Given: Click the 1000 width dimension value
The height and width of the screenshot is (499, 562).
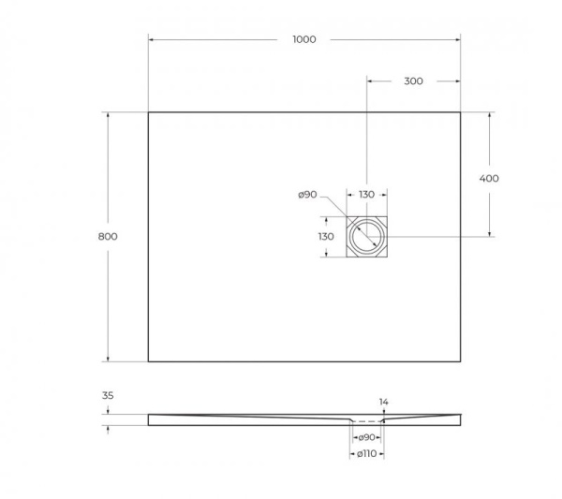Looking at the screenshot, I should (x=303, y=39).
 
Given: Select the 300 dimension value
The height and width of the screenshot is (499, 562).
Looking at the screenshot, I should (x=413, y=81).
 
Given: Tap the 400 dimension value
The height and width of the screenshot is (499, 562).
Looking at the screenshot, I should (x=488, y=178).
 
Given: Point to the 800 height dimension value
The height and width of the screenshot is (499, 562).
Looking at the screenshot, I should (x=108, y=237).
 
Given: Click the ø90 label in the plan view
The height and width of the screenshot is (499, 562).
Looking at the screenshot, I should (x=307, y=195).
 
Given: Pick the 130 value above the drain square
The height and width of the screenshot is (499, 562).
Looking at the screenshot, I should (x=366, y=195).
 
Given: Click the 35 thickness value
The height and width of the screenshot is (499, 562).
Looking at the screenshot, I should (x=108, y=397).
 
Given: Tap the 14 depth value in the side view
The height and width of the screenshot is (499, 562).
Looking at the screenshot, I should (x=383, y=403).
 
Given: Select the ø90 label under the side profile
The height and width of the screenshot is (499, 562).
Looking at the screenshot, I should (x=366, y=437).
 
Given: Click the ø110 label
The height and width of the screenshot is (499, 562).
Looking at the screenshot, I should (x=366, y=454).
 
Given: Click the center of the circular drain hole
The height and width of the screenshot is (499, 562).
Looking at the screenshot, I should (x=366, y=237).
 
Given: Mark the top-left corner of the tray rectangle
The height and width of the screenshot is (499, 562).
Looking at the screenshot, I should (x=148, y=112).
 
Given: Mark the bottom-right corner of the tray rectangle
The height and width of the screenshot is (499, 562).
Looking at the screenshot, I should (x=460, y=361).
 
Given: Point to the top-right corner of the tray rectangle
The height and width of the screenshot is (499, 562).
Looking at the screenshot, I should (x=460, y=112).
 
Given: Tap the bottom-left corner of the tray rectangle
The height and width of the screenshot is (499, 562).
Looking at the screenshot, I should (x=148, y=361).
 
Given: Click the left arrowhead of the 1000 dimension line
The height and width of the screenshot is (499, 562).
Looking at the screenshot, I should (x=151, y=39).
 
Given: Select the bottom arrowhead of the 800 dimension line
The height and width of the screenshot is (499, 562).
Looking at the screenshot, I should (x=108, y=359).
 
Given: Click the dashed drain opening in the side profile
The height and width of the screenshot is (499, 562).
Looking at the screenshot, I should (x=366, y=420).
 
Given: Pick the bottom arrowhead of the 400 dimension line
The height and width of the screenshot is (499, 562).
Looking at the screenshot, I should (x=488, y=233).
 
